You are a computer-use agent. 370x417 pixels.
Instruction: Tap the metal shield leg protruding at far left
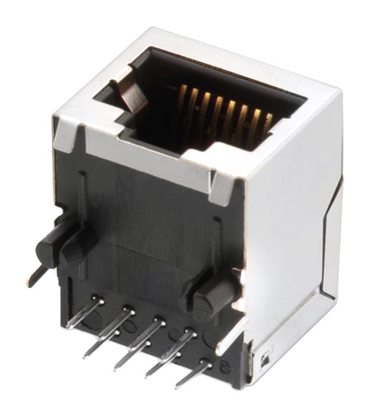click(34, 276)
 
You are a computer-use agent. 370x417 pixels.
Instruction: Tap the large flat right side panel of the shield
click(292, 232)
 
